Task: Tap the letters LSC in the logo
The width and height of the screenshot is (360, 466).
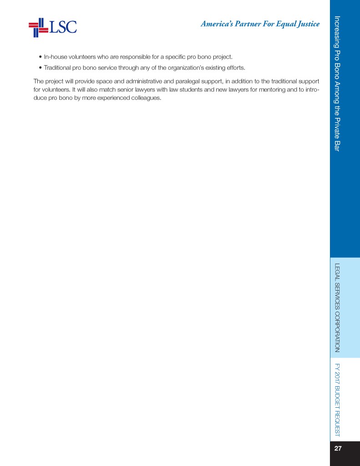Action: (63, 27)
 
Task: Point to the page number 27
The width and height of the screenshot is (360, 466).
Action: (338, 449)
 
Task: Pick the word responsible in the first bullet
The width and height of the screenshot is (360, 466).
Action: (134, 57)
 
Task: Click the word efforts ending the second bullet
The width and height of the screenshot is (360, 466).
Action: (235, 68)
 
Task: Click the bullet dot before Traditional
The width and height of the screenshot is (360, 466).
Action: (41, 68)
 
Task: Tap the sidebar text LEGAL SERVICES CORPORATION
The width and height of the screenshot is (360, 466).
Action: (338, 308)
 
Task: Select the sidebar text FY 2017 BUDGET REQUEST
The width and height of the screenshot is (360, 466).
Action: (338, 399)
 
